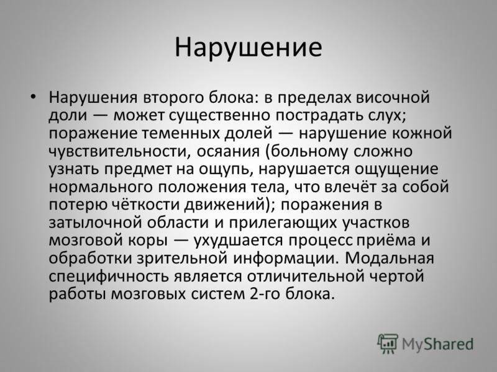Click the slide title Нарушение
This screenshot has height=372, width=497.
248,48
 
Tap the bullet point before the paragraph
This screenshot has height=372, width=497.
33,96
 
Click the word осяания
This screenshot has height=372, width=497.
228,151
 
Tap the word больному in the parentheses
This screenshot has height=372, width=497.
309,151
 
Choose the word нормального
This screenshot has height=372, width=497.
101,187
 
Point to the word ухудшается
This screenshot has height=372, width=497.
238,241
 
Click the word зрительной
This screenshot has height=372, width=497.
182,259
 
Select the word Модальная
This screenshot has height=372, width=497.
390,259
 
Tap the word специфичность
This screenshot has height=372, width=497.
109,277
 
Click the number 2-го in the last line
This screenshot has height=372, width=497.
265,294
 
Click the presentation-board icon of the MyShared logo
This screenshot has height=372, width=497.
388,344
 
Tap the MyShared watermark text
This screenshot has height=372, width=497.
437,344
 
